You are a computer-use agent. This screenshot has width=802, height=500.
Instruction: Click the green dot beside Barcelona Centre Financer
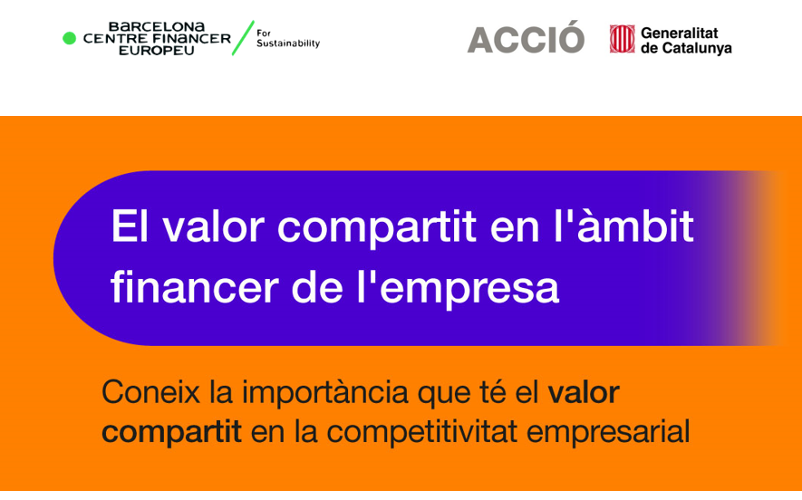pos(69,38)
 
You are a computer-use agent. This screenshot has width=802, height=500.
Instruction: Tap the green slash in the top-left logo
pos(243,38)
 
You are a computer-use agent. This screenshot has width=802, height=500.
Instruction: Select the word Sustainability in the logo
pos(288,44)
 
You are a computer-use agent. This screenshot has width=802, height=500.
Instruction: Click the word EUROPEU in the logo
pos(157,51)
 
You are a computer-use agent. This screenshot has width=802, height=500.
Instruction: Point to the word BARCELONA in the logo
pos(157,26)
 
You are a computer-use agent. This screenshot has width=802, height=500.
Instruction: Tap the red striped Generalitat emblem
pos(622,39)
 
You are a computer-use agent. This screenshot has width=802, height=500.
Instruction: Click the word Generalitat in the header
pos(680,34)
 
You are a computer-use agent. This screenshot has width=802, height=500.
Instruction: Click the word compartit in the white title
pos(377,227)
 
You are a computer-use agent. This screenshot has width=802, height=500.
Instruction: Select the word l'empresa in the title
pos(458,289)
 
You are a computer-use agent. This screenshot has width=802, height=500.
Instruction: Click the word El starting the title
pos(130,226)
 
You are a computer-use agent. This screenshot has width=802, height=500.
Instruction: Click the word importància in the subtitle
pos(324,394)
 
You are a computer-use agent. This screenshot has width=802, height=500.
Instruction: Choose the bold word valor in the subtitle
pos(584,392)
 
